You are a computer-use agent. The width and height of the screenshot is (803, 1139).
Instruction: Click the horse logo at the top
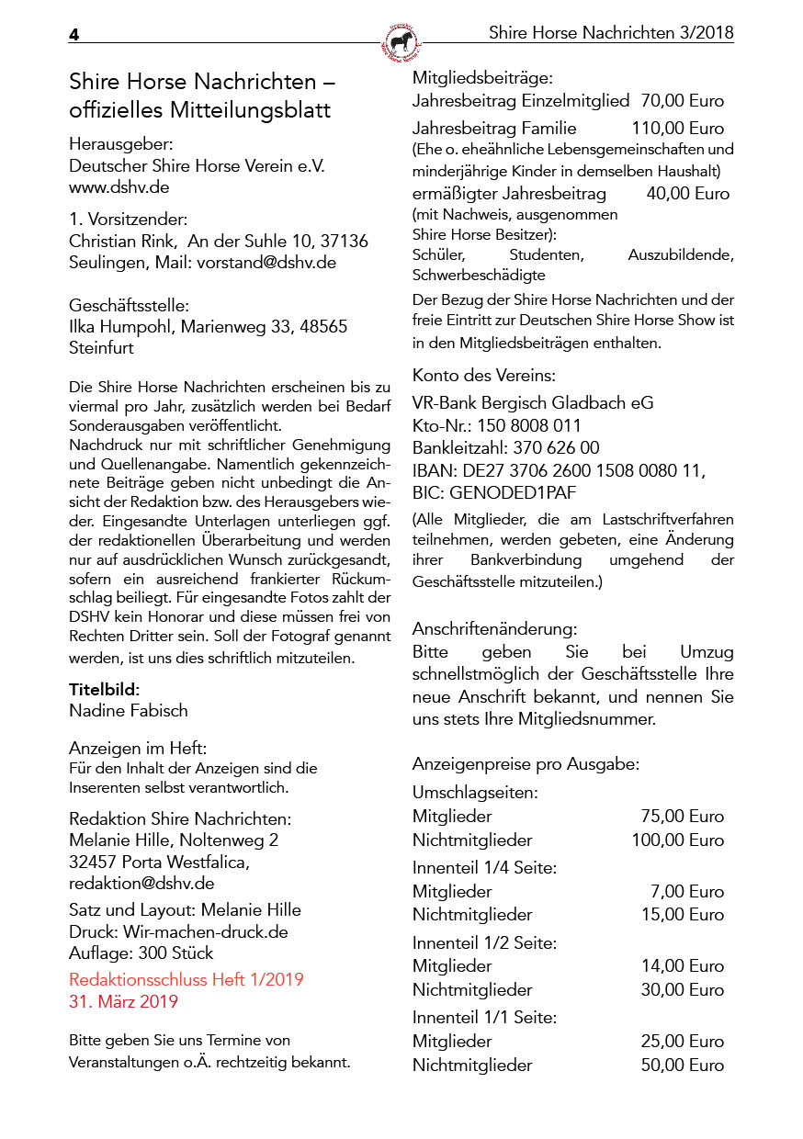(401, 41)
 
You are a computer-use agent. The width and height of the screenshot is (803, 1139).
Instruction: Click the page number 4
(74, 35)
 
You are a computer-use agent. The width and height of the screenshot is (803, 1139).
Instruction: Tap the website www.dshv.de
(119, 187)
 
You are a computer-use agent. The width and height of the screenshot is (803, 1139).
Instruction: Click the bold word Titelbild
(103, 689)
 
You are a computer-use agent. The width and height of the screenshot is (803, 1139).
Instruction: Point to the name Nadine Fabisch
(129, 710)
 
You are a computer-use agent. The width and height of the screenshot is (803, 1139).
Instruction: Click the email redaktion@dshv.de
(141, 884)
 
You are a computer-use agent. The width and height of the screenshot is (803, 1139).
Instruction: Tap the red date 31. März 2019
(123, 1001)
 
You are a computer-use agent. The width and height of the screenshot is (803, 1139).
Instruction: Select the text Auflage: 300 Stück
(141, 953)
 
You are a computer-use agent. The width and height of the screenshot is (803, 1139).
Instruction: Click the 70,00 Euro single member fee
(683, 101)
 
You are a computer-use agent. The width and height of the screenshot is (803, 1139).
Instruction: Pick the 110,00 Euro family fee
(678, 129)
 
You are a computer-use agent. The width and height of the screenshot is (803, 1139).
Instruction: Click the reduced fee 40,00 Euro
(687, 194)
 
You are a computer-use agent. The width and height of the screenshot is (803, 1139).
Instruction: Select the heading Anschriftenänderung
(495, 630)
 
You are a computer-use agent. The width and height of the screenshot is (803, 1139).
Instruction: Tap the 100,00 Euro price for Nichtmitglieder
(677, 840)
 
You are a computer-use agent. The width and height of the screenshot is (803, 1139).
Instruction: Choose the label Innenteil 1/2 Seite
(484, 943)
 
